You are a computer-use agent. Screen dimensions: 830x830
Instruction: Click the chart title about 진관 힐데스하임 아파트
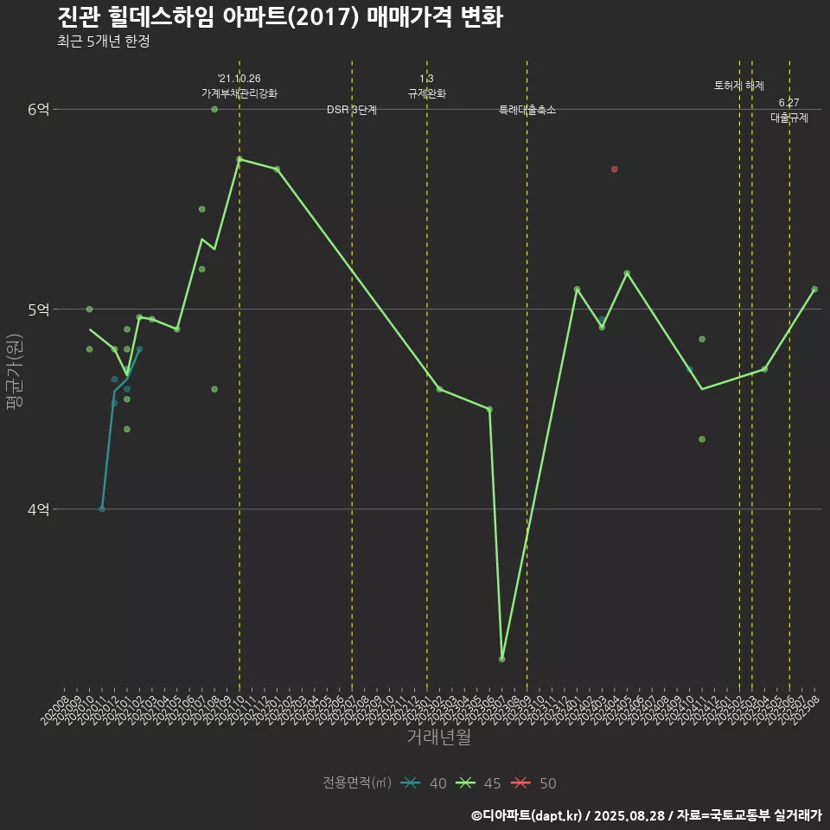[x=280, y=17]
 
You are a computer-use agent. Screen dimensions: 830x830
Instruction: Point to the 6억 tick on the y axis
[x=39, y=109]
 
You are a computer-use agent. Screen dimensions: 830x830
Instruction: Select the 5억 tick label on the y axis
[x=39, y=310]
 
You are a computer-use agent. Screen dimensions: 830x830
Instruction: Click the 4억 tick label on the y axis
[x=39, y=510]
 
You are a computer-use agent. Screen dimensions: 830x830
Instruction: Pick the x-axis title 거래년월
[x=439, y=737]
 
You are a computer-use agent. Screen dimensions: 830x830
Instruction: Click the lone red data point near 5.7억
[x=614, y=169]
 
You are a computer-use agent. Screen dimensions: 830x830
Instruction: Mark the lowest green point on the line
[x=502, y=659]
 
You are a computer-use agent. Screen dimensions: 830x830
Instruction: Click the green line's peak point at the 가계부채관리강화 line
[x=239, y=159]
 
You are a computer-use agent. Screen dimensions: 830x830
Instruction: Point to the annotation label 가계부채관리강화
[x=239, y=93]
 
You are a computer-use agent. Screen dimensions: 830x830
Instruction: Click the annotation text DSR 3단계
[x=352, y=110]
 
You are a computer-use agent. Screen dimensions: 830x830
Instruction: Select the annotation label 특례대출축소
[x=527, y=111]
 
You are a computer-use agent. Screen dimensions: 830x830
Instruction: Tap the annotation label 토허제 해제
[x=739, y=86]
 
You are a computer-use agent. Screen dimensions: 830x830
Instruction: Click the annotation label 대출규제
[x=789, y=118]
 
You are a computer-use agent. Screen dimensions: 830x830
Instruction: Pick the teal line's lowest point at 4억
[x=102, y=509]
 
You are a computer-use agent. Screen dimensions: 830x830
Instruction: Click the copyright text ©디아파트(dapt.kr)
[x=528, y=814]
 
